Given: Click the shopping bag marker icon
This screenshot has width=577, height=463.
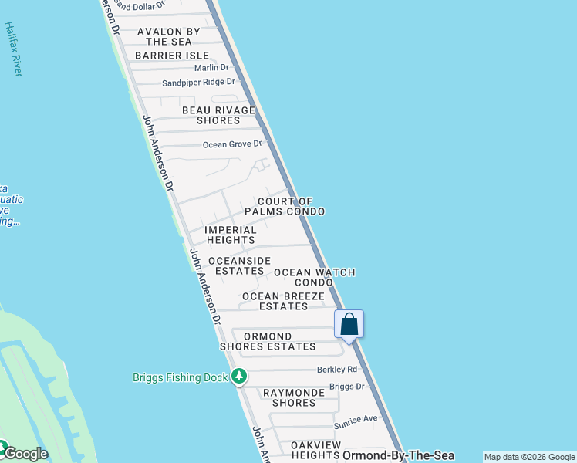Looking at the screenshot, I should (x=349, y=324).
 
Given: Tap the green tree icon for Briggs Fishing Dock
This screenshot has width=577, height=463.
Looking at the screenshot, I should (x=239, y=377).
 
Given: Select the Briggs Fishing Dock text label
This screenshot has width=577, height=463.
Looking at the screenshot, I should (x=179, y=377).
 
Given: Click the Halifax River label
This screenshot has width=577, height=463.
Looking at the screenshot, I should (x=13, y=48).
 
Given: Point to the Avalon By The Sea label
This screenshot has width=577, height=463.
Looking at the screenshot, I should (x=168, y=36).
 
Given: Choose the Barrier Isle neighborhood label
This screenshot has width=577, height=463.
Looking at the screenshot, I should (x=171, y=56).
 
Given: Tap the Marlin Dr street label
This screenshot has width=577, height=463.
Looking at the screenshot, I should (x=212, y=68).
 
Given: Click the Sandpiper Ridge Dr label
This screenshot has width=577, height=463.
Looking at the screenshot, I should (x=198, y=82).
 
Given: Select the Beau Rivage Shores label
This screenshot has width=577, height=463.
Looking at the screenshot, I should (x=218, y=115).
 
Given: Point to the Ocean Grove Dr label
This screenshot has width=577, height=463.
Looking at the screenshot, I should (x=232, y=144).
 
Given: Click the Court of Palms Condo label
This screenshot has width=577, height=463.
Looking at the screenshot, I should (x=285, y=206).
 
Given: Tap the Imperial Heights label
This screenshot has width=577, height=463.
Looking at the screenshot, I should (x=231, y=235).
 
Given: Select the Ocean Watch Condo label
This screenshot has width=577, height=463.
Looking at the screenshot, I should (x=314, y=277).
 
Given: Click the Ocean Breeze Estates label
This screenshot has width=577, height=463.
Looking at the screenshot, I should (x=283, y=301).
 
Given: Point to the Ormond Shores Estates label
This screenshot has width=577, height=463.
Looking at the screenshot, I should (x=268, y=341).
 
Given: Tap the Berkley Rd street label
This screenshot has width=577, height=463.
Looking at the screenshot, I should (x=337, y=370).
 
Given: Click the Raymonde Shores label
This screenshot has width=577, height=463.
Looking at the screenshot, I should (x=288, y=397).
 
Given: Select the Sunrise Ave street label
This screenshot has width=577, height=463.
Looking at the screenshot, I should (x=356, y=419).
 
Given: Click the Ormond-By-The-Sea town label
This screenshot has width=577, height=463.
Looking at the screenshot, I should (x=398, y=456).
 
